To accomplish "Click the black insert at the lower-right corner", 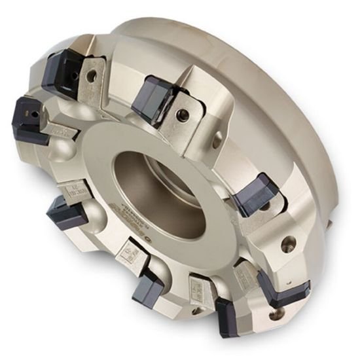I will (279, 289).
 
